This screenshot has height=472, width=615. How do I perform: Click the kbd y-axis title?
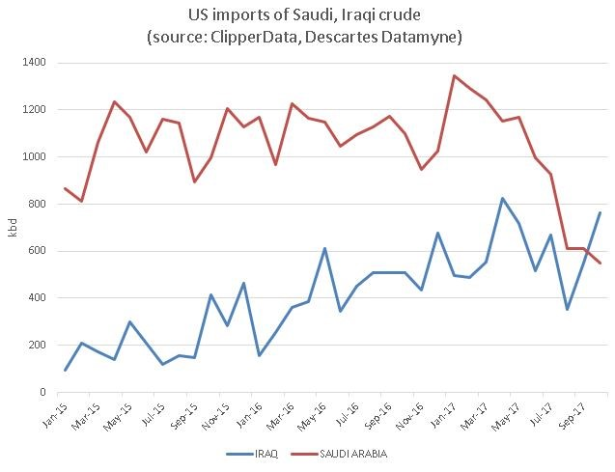pyautogui.click(x=13, y=227)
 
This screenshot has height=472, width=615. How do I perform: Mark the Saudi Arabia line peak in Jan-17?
pyautogui.click(x=455, y=75)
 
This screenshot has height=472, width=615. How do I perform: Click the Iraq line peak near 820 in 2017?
pyautogui.click(x=503, y=199)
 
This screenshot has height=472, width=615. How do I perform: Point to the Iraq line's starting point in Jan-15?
pyautogui.click(x=66, y=370)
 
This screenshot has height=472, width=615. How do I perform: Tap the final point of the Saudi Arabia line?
pyautogui.click(x=601, y=263)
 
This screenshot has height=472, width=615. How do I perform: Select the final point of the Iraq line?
pyautogui.click(x=601, y=212)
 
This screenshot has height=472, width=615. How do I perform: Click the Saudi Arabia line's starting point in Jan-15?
pyautogui.click(x=66, y=188)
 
